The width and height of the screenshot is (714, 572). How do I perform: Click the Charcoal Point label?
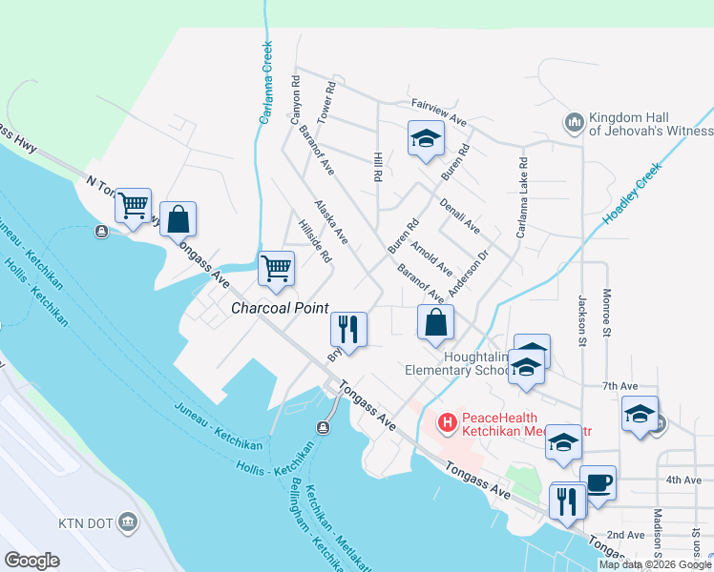click(x=280, y=309)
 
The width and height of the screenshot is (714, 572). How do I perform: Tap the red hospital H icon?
click(x=446, y=420)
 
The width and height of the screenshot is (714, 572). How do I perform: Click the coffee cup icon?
click(x=598, y=482)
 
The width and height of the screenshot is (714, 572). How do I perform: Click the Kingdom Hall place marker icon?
click(x=574, y=121)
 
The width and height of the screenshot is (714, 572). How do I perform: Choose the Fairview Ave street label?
click(x=438, y=115)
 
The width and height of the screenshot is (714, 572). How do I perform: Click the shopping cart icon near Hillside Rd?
click(x=276, y=268)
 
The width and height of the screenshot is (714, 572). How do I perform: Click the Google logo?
click(x=31, y=561)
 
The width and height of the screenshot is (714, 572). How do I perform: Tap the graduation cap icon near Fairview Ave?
click(x=426, y=139)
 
